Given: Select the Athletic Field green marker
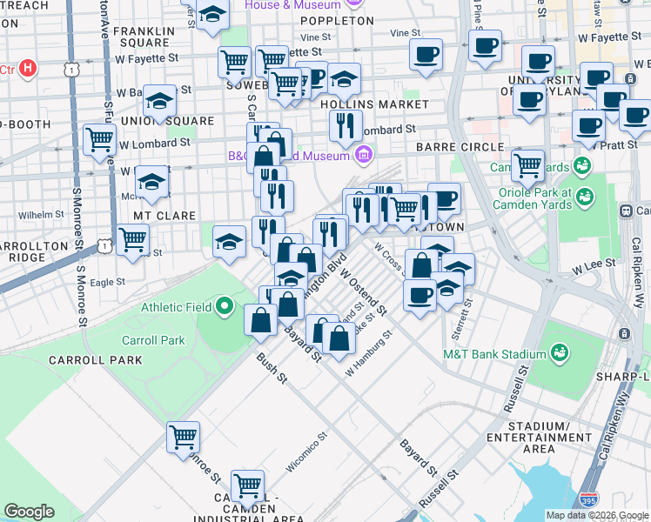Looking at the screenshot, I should (225, 305).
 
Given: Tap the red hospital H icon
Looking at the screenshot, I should (29, 67).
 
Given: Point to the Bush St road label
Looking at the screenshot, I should (271, 367).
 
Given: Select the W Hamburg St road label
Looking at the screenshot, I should (369, 353).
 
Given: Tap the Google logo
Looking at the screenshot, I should (29, 512).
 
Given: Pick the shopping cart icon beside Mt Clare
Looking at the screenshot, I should (132, 238).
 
